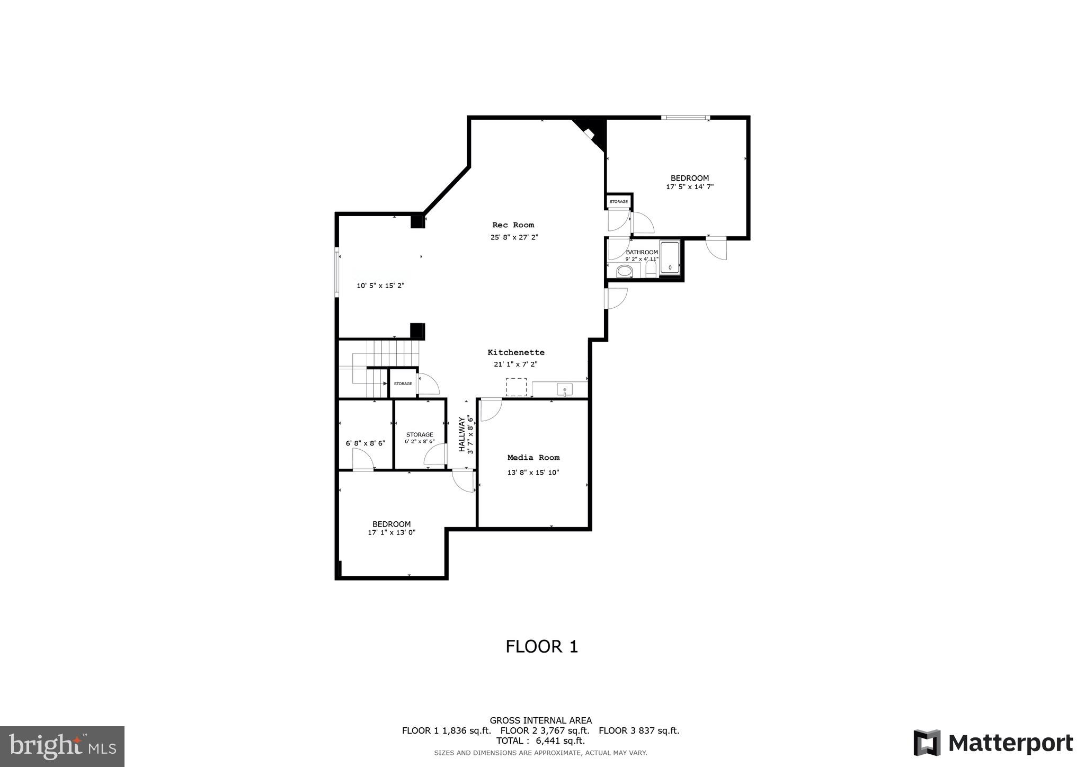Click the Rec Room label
513,225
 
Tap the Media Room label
533,458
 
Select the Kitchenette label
515,352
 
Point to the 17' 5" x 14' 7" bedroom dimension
689,187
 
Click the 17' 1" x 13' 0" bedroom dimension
392,533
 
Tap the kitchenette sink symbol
565,390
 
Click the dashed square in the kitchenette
516,387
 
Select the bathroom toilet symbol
651,269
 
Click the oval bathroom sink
625,271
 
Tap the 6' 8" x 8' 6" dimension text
366,443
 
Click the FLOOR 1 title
541,647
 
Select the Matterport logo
993,743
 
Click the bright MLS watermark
62,747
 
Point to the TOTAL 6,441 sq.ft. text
540,741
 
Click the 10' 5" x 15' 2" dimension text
380,286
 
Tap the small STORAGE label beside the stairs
403,384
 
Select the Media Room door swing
490,409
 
